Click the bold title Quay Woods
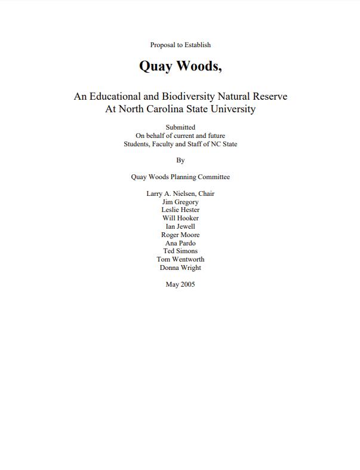(180, 66)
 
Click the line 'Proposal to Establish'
(180, 45)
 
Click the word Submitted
(180, 127)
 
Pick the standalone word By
(180, 160)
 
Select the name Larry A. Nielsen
(171, 193)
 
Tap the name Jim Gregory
(180, 202)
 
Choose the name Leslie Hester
(180, 210)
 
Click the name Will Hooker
(180, 219)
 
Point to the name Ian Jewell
(180, 227)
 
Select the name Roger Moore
(180, 235)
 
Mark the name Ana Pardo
(180, 243)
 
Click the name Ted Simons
(180, 251)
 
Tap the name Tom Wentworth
(180, 260)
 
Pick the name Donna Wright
(180, 268)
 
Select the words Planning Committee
(200, 177)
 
